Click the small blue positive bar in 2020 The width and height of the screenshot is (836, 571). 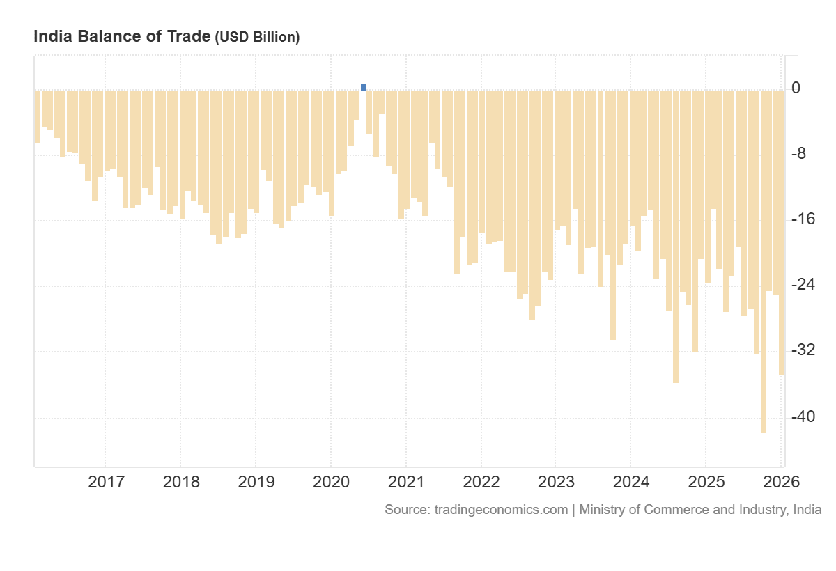364,87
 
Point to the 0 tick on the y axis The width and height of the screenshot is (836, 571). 796,88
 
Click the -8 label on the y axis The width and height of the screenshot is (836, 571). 800,154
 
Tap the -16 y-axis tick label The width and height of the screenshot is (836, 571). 803,220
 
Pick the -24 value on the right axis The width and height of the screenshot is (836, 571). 803,285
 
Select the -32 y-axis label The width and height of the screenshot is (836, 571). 803,350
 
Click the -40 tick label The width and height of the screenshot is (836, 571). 803,416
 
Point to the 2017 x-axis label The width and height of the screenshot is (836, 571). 106,482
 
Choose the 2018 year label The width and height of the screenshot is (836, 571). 180,482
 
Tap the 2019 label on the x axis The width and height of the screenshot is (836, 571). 256,482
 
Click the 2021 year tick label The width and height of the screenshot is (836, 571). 405,482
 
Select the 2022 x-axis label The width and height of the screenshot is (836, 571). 481,482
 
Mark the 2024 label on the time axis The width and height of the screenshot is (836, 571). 630,482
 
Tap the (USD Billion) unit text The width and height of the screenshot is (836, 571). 257,38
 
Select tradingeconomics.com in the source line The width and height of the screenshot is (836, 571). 501,510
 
